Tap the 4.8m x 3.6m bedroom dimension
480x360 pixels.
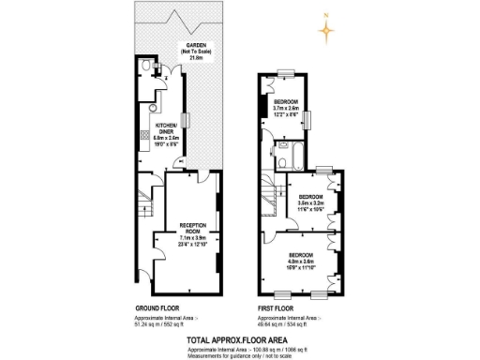[301, 261]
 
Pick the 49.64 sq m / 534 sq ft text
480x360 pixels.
[282, 323]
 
